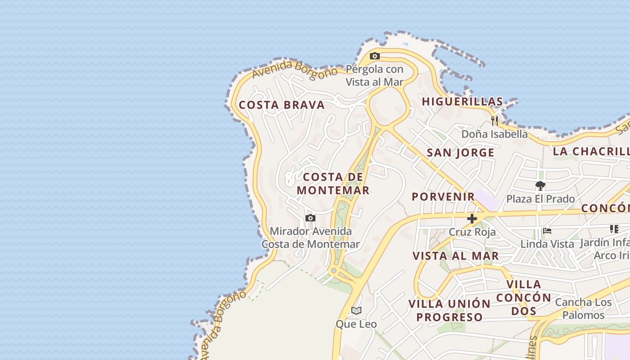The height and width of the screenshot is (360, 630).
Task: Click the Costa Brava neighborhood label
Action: [x=282, y=105]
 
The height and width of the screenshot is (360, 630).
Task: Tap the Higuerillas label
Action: [x=462, y=102]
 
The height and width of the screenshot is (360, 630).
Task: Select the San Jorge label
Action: [x=460, y=153]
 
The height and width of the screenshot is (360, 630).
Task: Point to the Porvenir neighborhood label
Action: [x=443, y=197]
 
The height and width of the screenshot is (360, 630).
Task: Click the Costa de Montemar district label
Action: [x=333, y=184]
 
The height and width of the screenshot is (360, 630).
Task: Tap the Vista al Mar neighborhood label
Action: [x=455, y=256]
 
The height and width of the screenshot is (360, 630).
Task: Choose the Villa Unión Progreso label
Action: [x=449, y=310]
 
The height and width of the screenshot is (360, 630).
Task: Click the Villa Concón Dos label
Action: [x=524, y=297]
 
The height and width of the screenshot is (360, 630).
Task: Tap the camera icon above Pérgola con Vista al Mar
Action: [x=374, y=56]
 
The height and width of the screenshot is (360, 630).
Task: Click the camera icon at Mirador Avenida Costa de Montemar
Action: [x=310, y=218]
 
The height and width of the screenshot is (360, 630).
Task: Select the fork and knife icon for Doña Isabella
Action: [x=495, y=121]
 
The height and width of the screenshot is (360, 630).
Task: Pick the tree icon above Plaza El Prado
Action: [x=540, y=185]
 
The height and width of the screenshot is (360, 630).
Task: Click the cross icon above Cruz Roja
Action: [x=472, y=219]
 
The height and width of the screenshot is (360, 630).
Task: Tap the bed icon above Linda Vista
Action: [x=547, y=231]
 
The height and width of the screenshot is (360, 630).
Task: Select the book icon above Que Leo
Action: [x=356, y=310]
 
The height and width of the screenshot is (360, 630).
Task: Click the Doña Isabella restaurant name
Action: [x=495, y=134]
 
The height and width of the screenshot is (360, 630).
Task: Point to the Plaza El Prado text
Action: [x=540, y=199]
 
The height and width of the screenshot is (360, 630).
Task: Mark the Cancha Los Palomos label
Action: [x=583, y=308]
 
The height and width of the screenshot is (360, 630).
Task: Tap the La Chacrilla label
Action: [x=591, y=151]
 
